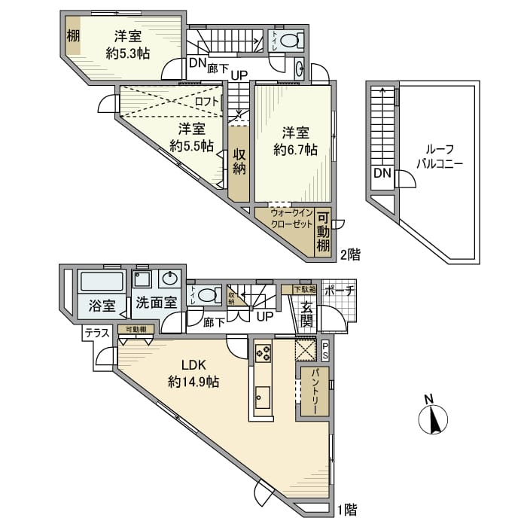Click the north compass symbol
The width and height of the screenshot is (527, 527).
(x=434, y=419)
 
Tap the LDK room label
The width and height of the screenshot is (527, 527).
(x=193, y=367)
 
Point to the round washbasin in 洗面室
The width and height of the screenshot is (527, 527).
(x=170, y=279)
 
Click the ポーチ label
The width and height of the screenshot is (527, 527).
(x=339, y=291)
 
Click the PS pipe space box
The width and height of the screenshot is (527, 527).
(x=325, y=350)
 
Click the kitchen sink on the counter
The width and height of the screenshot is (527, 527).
(x=262, y=397)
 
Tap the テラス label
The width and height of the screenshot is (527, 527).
(x=96, y=331)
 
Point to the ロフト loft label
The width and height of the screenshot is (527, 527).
(x=206, y=102)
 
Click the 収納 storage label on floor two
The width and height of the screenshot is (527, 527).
(x=239, y=161)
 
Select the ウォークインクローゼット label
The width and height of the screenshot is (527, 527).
(x=285, y=219)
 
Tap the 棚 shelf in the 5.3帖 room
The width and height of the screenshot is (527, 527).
(x=72, y=35)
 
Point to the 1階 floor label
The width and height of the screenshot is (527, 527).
(x=347, y=510)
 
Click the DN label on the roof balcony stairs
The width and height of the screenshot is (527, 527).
(x=382, y=174)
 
